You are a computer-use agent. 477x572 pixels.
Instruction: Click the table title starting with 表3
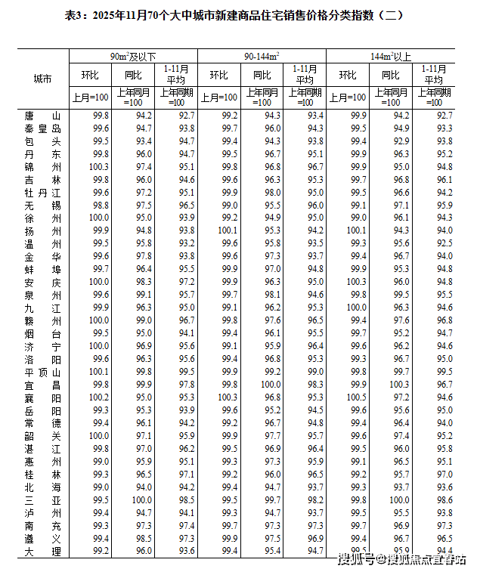(x=238, y=14)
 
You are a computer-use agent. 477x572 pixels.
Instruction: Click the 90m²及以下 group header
(x=133, y=56)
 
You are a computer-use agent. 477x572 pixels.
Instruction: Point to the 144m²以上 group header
(x=391, y=56)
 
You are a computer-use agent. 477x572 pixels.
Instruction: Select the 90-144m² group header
(x=262, y=56)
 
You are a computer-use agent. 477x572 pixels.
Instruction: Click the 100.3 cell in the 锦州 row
(x=101, y=166)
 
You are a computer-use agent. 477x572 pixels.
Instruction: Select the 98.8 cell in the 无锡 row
(x=101, y=205)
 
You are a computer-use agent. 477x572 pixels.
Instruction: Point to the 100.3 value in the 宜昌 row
(x=400, y=385)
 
